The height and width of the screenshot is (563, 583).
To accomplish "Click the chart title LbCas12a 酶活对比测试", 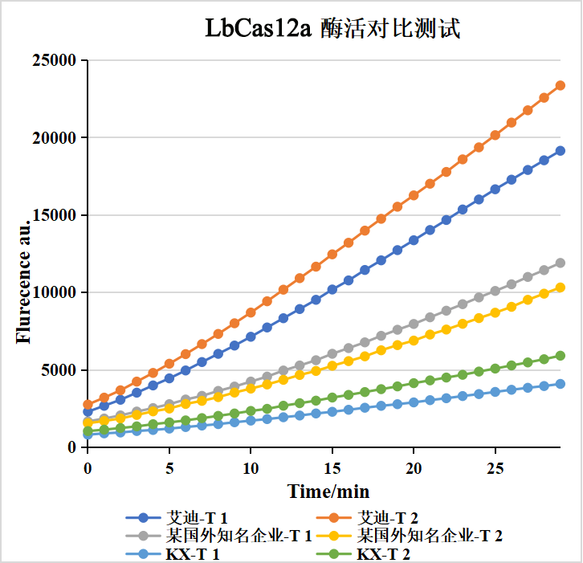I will (x=332, y=29).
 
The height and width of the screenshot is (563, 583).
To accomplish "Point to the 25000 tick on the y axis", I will (x=54, y=60).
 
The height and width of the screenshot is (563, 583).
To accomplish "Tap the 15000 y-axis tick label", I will (x=54, y=215).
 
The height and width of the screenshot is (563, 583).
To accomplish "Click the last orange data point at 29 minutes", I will (x=561, y=85).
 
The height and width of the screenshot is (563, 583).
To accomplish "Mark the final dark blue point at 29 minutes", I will (x=561, y=150).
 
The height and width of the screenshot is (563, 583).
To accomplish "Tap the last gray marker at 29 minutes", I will (x=561, y=263).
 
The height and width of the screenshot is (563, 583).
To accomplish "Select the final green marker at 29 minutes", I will (x=561, y=356).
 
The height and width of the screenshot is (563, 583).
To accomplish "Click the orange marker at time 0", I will (x=88, y=405).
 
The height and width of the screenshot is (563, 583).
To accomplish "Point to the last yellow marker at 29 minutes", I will (x=561, y=288).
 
